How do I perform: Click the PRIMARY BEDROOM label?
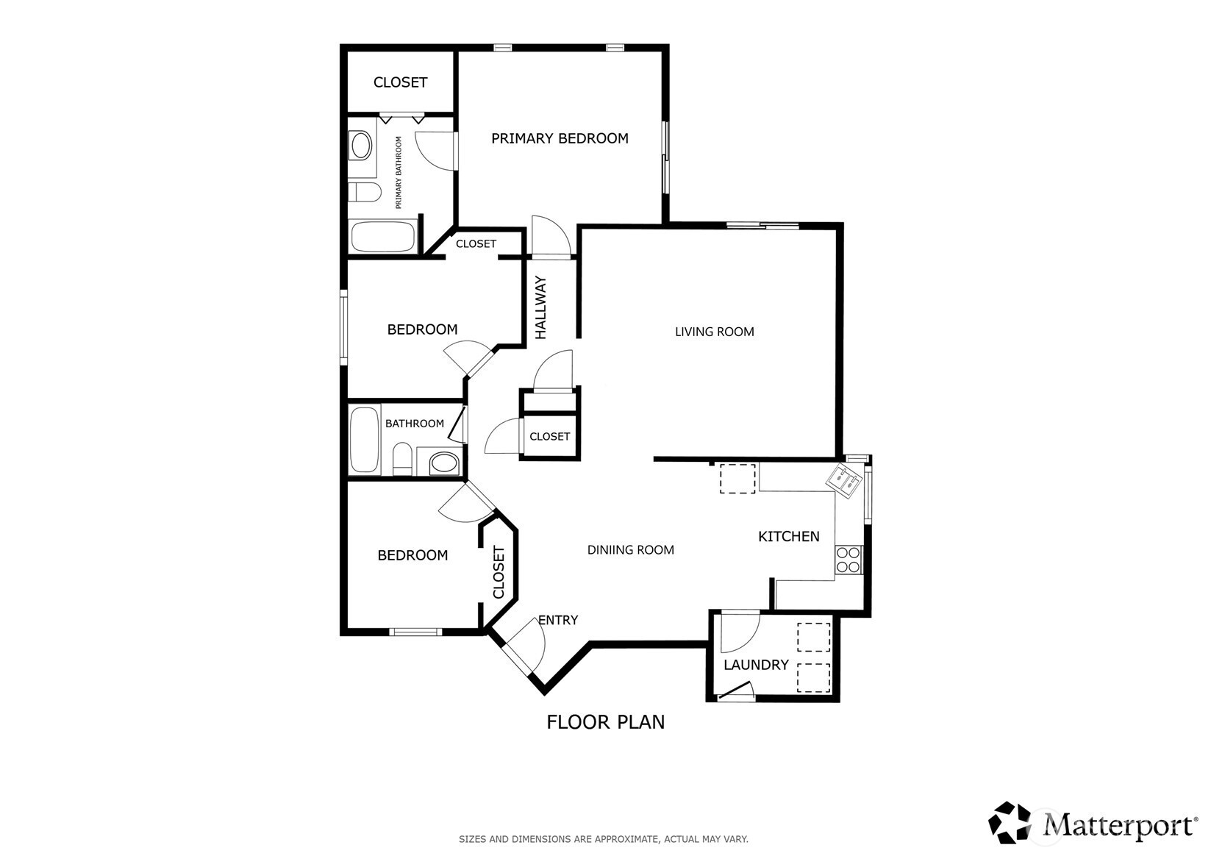point(560,138)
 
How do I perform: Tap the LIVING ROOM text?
point(714,332)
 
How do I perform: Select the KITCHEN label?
point(789,536)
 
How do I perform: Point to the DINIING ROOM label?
point(630,550)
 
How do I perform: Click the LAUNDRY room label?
point(756,665)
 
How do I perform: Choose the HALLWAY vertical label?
point(540,307)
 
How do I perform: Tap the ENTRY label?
point(558,620)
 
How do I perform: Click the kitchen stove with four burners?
point(849,560)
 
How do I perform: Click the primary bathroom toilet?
point(364,192)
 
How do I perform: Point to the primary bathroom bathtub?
point(383,236)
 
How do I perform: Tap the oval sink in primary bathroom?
point(362,146)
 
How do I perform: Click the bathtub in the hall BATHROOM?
point(365,441)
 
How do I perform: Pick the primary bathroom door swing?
point(436,151)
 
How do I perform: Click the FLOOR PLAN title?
point(606,722)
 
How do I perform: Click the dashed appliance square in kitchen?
point(737,479)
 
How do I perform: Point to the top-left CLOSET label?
point(400,82)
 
